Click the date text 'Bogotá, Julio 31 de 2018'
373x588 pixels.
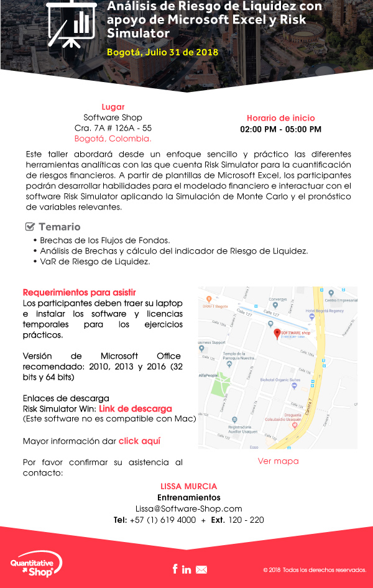pos(162,52)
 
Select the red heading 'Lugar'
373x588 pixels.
pos(113,106)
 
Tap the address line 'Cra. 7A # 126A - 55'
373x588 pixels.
pos(113,128)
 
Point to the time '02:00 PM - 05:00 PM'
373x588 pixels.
pos(280,129)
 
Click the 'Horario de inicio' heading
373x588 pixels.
pos(280,118)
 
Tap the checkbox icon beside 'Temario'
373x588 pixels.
pos(30,227)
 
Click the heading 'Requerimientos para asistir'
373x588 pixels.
pos(79,292)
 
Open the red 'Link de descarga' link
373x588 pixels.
pos(135,408)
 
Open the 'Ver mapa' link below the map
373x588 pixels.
pos(278,461)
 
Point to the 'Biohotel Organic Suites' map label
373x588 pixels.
pos(280,379)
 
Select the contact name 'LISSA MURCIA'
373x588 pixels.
pos(188,486)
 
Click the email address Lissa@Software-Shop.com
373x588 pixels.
pos(188,508)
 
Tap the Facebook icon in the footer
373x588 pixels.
pos(175,569)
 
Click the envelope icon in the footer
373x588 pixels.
pos(201,569)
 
